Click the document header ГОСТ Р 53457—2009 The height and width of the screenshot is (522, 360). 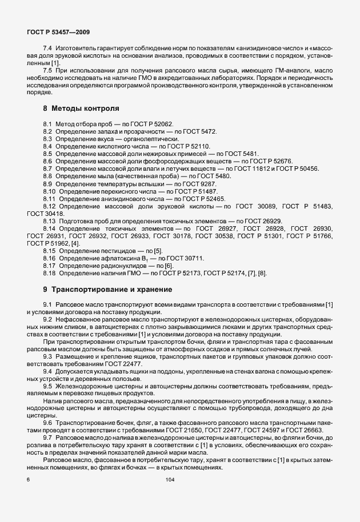click(58, 34)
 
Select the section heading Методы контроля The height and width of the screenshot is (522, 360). click(85, 108)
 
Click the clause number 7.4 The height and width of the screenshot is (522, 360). click(48, 51)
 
